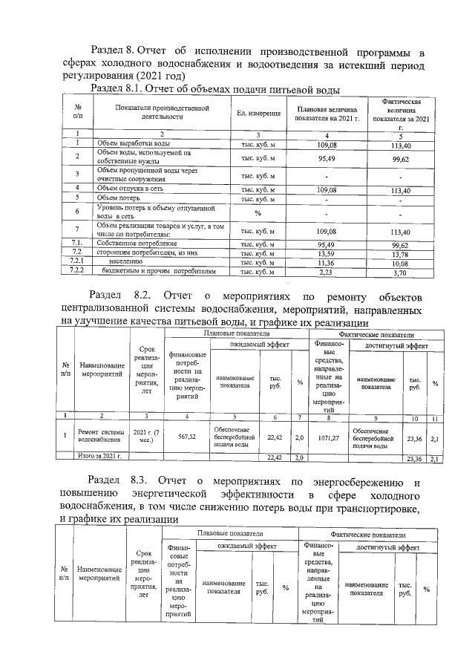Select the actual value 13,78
coord(401,253)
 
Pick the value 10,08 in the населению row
coord(401,263)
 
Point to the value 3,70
coord(401,273)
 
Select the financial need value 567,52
coord(187,437)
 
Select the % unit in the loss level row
coord(258,212)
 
